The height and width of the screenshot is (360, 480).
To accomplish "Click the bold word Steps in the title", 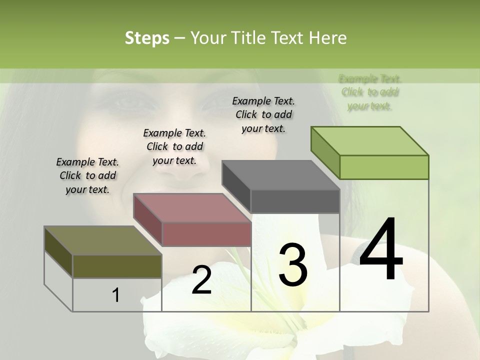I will click(147, 38).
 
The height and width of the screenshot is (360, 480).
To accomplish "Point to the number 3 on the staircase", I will click(292, 265).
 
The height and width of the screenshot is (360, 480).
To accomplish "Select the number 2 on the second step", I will click(201, 280).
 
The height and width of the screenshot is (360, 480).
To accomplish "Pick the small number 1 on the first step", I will click(116, 295).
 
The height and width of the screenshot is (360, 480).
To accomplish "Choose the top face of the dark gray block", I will click(280, 175).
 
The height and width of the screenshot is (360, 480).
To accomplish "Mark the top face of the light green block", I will click(370, 141).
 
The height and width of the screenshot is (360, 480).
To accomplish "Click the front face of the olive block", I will click(117, 266).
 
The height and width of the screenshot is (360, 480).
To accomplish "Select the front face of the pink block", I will click(206, 233).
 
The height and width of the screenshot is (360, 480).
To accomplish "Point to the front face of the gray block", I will click(295, 201).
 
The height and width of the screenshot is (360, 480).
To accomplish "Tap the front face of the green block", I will click(384, 167).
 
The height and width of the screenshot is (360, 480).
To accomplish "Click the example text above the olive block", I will click(87, 175).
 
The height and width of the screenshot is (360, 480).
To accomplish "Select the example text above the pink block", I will click(174, 146).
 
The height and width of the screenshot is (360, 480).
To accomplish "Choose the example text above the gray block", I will click(263, 114).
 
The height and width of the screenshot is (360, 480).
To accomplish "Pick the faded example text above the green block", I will click(370, 92).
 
